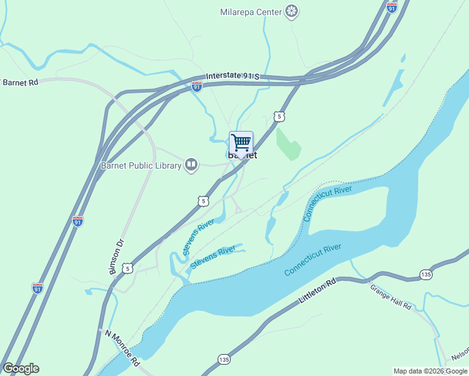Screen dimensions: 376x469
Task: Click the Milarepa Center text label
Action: click(x=250, y=11)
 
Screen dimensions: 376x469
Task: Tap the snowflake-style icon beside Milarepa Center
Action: click(x=291, y=11)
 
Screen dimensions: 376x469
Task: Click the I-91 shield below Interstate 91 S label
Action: click(x=197, y=86)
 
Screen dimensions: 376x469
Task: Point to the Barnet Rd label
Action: click(x=21, y=82)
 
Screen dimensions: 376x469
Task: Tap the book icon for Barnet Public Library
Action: click(x=191, y=165)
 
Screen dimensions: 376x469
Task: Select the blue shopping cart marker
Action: click(x=241, y=143)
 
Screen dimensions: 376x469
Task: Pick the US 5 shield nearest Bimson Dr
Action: click(x=128, y=268)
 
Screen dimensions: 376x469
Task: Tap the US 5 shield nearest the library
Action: click(x=202, y=201)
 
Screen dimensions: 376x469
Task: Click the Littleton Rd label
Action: click(x=318, y=292)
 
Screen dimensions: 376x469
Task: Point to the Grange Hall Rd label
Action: click(x=390, y=297)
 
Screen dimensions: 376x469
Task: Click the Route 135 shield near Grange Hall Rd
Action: click(x=426, y=274)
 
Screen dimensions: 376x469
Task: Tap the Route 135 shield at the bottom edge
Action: click(x=224, y=359)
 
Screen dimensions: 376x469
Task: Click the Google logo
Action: click(x=21, y=368)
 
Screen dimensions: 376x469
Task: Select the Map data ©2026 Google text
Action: click(x=431, y=371)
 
